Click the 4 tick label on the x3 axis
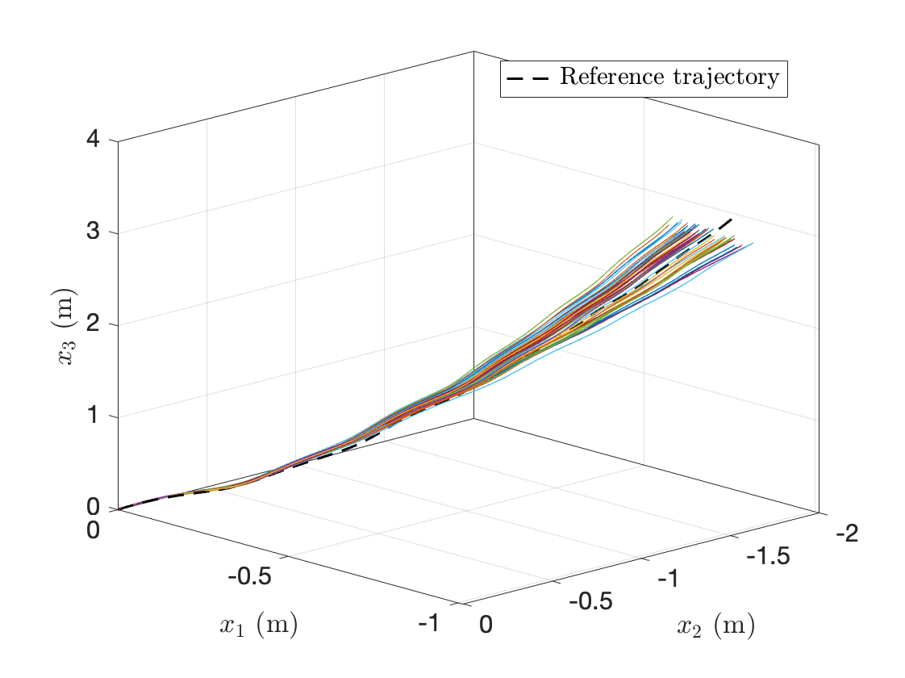[x=94, y=139]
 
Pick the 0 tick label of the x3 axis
[x=94, y=507]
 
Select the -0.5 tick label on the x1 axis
[x=250, y=576]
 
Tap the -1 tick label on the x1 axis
[x=428, y=622]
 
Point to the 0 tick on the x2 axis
[x=486, y=624]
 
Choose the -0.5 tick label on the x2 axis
[x=590, y=601]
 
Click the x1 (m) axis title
[x=258, y=626]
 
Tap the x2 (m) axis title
[x=715, y=626]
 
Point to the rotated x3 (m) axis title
[x=65, y=326]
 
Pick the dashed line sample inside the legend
[x=528, y=78]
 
